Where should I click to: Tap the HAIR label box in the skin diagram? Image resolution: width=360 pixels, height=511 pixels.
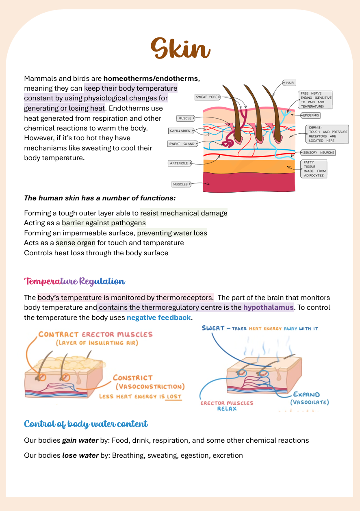[x=290, y=83]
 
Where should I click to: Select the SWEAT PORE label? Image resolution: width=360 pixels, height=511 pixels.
[x=207, y=97]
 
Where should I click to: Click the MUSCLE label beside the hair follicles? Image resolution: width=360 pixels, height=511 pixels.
[x=185, y=118]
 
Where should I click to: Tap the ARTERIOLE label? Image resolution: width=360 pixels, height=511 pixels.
[x=180, y=163]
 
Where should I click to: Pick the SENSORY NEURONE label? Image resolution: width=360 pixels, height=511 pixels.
[x=319, y=153]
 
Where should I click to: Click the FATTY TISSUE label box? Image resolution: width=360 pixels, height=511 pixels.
[x=313, y=169]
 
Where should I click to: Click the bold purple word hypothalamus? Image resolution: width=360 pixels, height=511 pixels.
[x=268, y=307]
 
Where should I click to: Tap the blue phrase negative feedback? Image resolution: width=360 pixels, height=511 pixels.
[x=158, y=317]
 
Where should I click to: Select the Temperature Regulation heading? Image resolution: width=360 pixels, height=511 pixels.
[x=74, y=281]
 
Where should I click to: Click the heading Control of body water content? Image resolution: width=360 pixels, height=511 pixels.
[x=86, y=424]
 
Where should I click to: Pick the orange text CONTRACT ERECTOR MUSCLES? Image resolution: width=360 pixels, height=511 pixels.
[x=95, y=335]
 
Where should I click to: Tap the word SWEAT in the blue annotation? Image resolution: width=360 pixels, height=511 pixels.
[x=213, y=328]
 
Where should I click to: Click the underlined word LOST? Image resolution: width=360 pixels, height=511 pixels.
[x=173, y=396]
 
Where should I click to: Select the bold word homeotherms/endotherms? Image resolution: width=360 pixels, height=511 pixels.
[x=151, y=78]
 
